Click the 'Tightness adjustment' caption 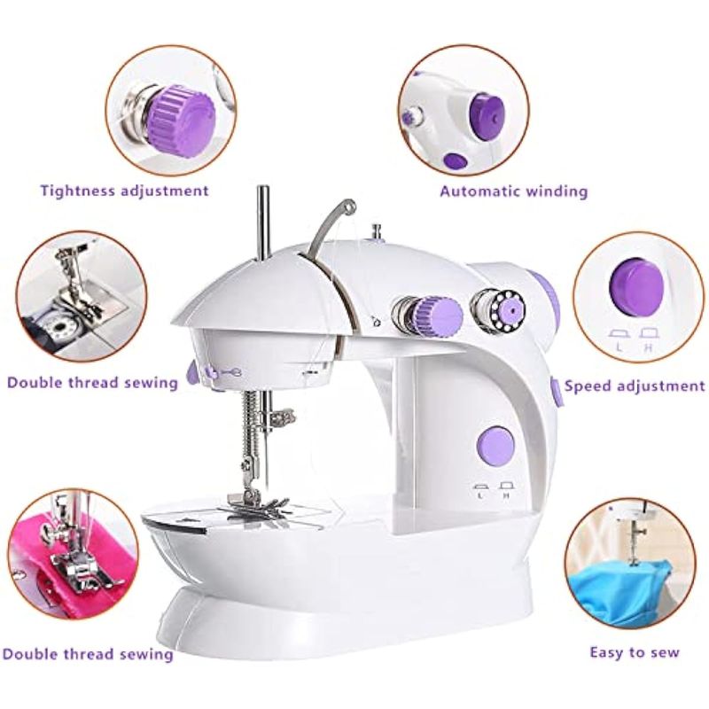[124, 191]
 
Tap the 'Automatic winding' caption [514, 191]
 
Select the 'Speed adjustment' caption [635, 386]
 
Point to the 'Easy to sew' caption [635, 652]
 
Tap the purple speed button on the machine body [495, 446]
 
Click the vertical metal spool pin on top [261, 223]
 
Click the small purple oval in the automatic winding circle [456, 160]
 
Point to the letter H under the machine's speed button [507, 495]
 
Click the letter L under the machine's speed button [480, 495]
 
